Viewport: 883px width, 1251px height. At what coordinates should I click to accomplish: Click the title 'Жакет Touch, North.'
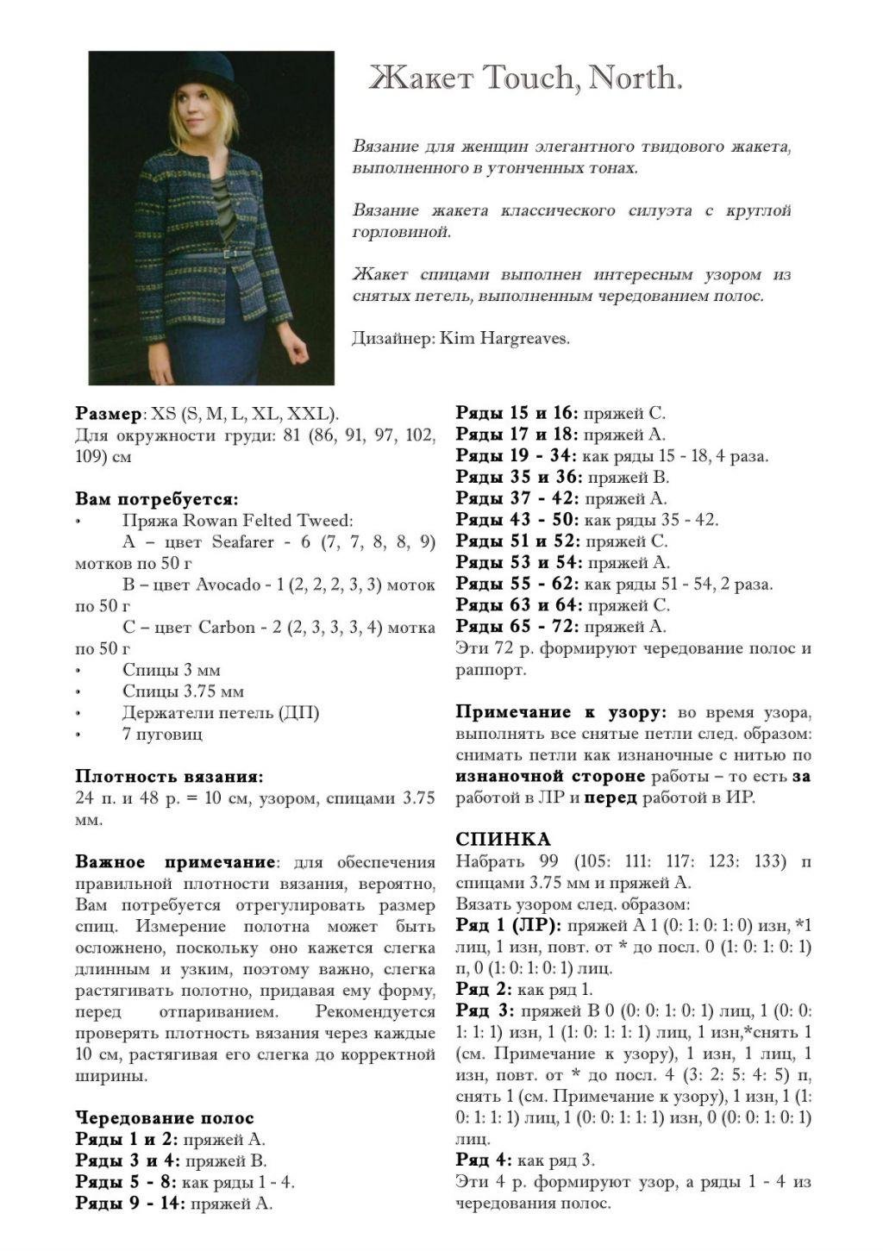(x=526, y=78)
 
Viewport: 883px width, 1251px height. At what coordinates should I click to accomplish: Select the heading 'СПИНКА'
(x=502, y=839)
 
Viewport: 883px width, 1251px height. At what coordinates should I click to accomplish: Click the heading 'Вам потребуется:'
(x=156, y=499)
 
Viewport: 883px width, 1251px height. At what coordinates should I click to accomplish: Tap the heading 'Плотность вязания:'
(x=169, y=776)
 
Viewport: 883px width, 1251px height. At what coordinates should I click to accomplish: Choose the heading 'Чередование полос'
(x=164, y=1118)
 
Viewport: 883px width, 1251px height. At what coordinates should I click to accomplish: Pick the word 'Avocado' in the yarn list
(x=229, y=585)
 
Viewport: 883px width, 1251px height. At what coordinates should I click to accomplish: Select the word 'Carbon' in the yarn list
(x=227, y=627)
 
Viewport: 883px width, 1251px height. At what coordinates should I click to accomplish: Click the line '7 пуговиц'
(x=162, y=734)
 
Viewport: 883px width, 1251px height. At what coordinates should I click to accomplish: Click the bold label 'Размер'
(x=107, y=413)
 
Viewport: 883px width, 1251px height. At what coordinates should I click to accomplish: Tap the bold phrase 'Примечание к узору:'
(x=560, y=712)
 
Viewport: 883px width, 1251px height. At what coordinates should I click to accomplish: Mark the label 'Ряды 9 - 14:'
(x=130, y=1204)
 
